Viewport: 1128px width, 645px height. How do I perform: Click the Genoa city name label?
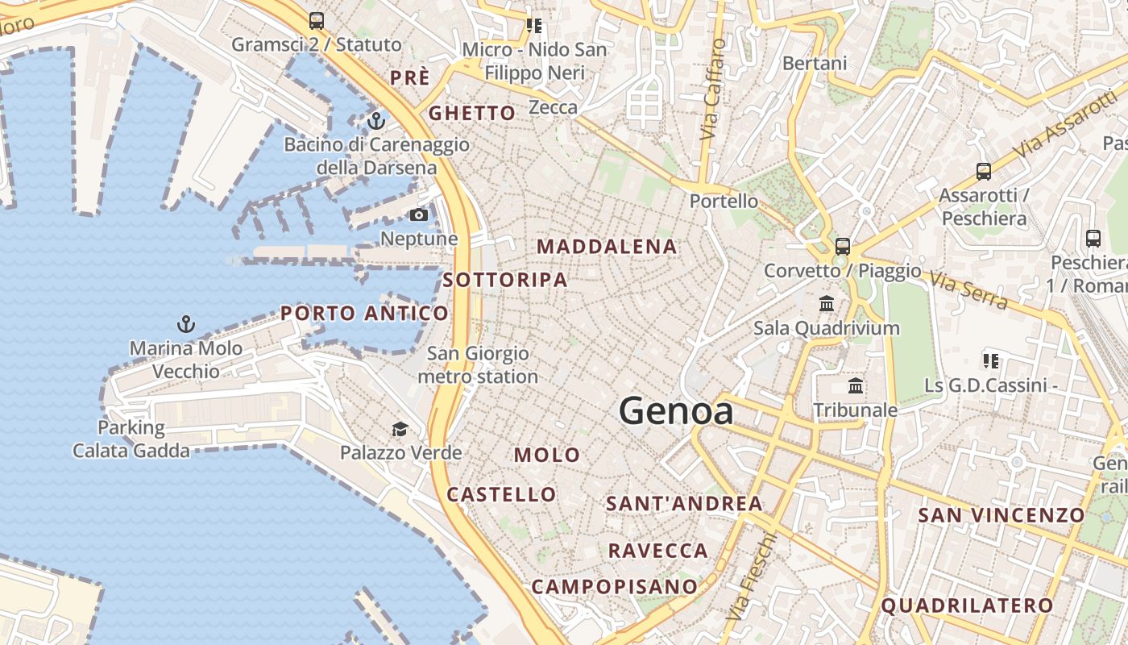(x=676, y=412)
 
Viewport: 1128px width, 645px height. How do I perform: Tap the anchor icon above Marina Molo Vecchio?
(x=186, y=324)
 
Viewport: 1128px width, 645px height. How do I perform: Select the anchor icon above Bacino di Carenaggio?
(x=376, y=121)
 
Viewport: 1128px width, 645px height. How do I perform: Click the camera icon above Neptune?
(x=419, y=214)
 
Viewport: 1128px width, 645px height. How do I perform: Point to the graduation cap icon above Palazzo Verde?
(x=400, y=428)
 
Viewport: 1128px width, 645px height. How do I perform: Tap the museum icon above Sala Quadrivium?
(x=827, y=304)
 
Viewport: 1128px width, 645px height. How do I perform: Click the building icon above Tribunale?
(x=855, y=386)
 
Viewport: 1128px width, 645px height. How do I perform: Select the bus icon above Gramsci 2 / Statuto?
(x=317, y=21)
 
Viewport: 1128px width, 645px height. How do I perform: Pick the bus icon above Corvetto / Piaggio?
(x=843, y=246)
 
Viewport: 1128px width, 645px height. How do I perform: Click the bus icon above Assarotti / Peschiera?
(x=984, y=171)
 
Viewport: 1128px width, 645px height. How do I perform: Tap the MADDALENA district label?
(x=607, y=247)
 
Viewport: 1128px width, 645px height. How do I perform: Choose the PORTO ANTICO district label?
(x=364, y=313)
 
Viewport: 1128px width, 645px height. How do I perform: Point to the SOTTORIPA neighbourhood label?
(x=505, y=280)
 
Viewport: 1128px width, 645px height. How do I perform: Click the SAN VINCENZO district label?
(x=1002, y=514)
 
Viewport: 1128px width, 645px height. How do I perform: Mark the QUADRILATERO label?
(x=967, y=605)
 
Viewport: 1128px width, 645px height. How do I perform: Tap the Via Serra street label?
(x=968, y=290)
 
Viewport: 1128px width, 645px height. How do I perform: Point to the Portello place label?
(x=724, y=201)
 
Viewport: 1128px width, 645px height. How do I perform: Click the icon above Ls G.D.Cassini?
(x=991, y=360)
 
